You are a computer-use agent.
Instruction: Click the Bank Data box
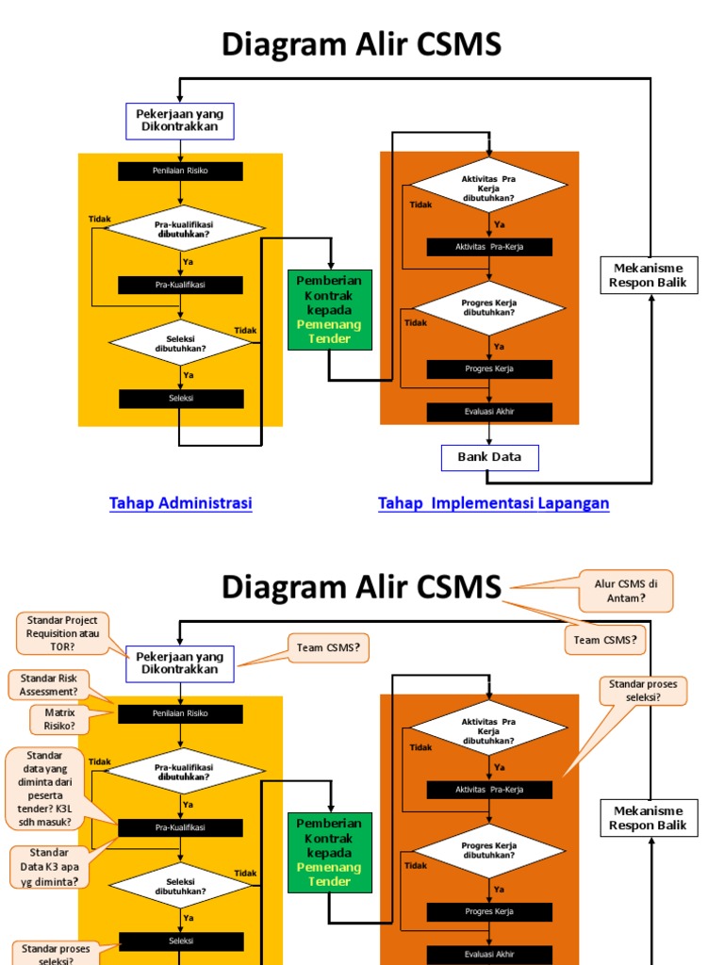coord(489,458)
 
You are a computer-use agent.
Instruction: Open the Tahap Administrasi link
coord(181,503)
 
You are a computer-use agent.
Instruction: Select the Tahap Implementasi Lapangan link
coord(494,503)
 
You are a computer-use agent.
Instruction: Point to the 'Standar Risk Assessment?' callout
coord(49,685)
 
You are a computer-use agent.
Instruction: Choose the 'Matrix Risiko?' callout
coord(59,720)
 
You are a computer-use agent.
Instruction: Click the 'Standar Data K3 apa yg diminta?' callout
coord(50,866)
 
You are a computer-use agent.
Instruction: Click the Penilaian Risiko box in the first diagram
coord(180,172)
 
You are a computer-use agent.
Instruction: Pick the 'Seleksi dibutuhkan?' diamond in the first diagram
coord(181,342)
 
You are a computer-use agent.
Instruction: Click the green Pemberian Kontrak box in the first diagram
coord(329,309)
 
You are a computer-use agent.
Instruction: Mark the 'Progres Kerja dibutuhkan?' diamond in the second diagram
coord(488,851)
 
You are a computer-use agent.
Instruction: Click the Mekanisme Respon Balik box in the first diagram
coord(649,275)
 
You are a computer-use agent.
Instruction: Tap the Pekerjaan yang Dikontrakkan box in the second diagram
coord(180,662)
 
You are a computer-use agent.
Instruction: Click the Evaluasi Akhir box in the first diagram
coord(489,412)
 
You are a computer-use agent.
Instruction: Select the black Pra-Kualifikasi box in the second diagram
coord(180,827)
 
